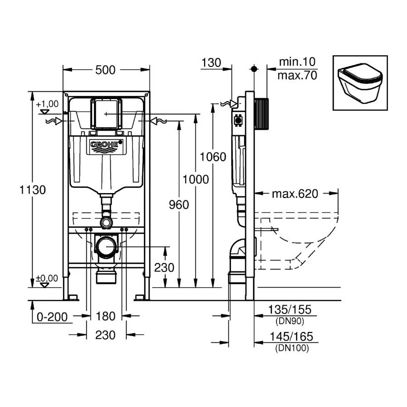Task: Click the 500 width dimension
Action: (x=105, y=70)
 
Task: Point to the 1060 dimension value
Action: (x=213, y=157)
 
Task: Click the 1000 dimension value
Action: (x=195, y=180)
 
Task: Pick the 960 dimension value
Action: (x=179, y=205)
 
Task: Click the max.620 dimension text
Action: (x=295, y=194)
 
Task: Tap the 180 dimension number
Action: (x=106, y=316)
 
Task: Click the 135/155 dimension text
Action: (x=289, y=310)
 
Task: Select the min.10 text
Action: (x=296, y=62)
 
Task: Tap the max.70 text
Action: (x=297, y=75)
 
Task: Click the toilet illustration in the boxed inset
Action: (x=360, y=83)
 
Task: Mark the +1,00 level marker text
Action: (x=48, y=104)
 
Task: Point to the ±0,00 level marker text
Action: (x=47, y=279)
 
